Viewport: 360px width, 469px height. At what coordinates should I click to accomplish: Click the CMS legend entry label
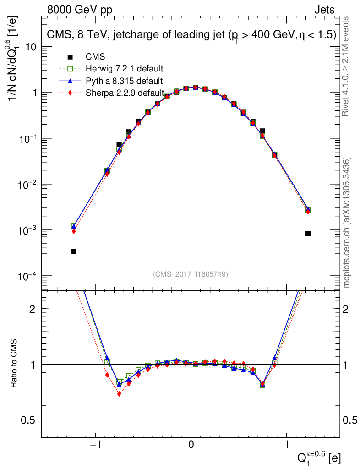[x=95, y=57]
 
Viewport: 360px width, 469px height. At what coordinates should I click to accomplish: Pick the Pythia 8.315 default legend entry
[x=124, y=81]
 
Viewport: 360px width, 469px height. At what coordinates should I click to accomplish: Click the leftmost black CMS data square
[x=74, y=251]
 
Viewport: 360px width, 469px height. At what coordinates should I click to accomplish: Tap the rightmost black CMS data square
[x=308, y=234]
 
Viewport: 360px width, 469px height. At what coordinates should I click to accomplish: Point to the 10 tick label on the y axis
[x=32, y=47]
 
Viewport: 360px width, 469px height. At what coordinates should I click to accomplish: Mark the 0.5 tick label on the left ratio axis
[x=30, y=420]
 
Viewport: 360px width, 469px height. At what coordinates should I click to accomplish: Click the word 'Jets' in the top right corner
[x=324, y=10]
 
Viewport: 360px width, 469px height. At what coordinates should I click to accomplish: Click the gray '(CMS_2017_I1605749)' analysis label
[x=191, y=274]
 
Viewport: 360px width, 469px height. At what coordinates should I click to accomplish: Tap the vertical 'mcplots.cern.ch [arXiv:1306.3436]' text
[x=347, y=223]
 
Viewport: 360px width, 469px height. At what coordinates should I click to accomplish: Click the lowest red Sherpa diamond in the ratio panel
[x=119, y=393]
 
